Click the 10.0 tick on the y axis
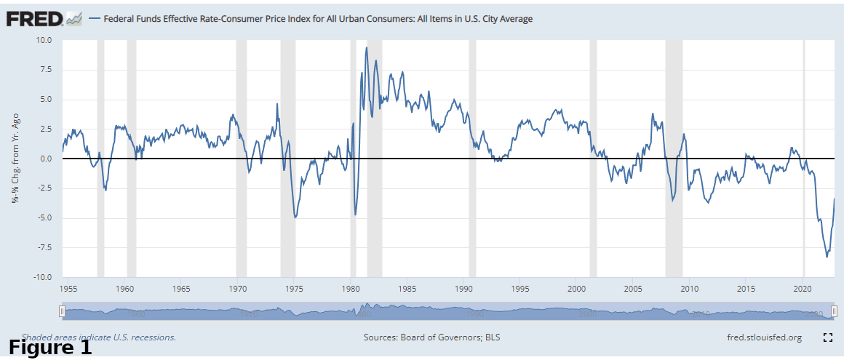click(45, 40)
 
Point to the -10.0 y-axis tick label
click(43, 277)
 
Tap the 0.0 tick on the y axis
click(47, 159)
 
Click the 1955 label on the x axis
click(68, 289)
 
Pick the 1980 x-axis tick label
click(351, 289)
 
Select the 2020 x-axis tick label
click(803, 289)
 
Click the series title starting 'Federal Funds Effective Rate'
click(318, 19)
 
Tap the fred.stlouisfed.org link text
click(764, 337)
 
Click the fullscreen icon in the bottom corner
click(827, 337)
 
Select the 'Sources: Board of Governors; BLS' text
click(431, 337)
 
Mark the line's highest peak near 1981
click(366, 47)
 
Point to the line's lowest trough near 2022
click(827, 257)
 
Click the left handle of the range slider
click(62, 312)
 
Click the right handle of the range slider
click(834, 312)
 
